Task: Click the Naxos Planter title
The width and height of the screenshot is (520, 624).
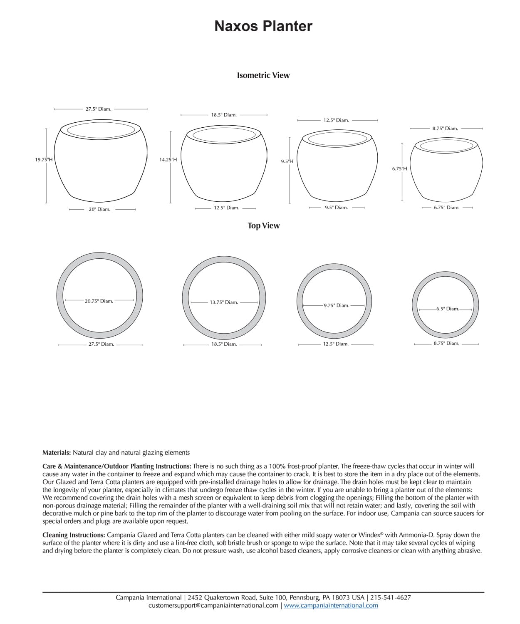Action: tap(263, 26)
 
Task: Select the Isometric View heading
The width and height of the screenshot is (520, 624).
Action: tap(263, 75)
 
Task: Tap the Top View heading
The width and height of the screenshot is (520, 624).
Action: tap(263, 225)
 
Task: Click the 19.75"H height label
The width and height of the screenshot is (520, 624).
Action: tap(44, 159)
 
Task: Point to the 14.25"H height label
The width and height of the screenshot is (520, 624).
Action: tap(168, 159)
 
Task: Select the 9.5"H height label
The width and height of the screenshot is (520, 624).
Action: tap(287, 161)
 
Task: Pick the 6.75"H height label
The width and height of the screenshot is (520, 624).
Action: tap(399, 168)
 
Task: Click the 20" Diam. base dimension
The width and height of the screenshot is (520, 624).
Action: tap(99, 209)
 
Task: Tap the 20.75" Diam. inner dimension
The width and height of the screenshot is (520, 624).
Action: tap(99, 301)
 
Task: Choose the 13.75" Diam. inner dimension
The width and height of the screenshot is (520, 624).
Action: tap(224, 302)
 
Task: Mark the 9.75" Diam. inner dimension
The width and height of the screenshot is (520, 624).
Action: tap(336, 305)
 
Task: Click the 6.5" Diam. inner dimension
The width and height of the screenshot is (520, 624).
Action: tap(447, 309)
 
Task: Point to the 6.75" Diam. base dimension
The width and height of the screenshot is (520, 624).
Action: tap(446, 208)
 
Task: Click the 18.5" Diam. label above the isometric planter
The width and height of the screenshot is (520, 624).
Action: tap(224, 115)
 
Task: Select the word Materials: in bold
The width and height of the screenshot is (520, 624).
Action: tap(57, 453)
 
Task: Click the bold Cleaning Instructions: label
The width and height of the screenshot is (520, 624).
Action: tap(74, 535)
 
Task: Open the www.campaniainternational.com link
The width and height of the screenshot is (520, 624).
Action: tap(331, 606)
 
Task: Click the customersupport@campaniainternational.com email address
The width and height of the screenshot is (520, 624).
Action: tap(213, 606)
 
